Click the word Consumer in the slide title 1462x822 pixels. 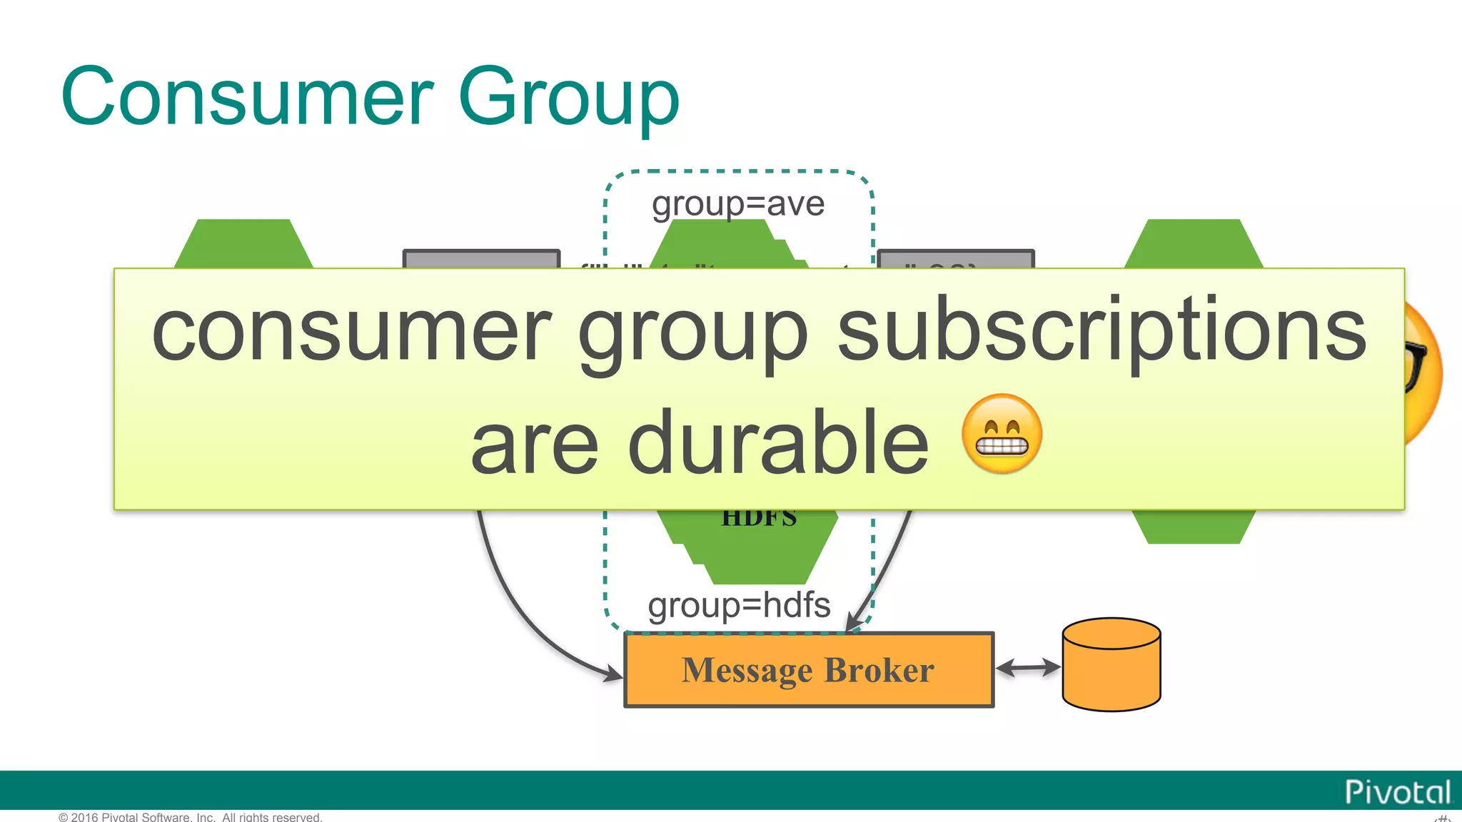(x=247, y=96)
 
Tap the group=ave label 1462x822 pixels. (x=738, y=204)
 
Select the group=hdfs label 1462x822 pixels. (x=739, y=605)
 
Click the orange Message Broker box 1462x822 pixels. (x=809, y=670)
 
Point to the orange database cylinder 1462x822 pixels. (x=1111, y=664)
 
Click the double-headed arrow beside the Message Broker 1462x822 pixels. (x=1028, y=668)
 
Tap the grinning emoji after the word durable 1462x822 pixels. (x=1002, y=434)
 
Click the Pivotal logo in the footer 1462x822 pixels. (x=1397, y=792)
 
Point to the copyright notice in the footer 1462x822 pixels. (x=191, y=817)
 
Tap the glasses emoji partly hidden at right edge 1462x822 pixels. (x=1423, y=371)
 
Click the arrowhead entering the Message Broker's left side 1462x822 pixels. (x=614, y=673)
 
